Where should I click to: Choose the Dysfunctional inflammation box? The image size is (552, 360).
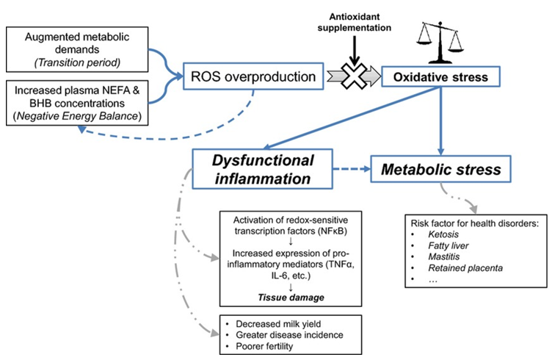264,169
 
